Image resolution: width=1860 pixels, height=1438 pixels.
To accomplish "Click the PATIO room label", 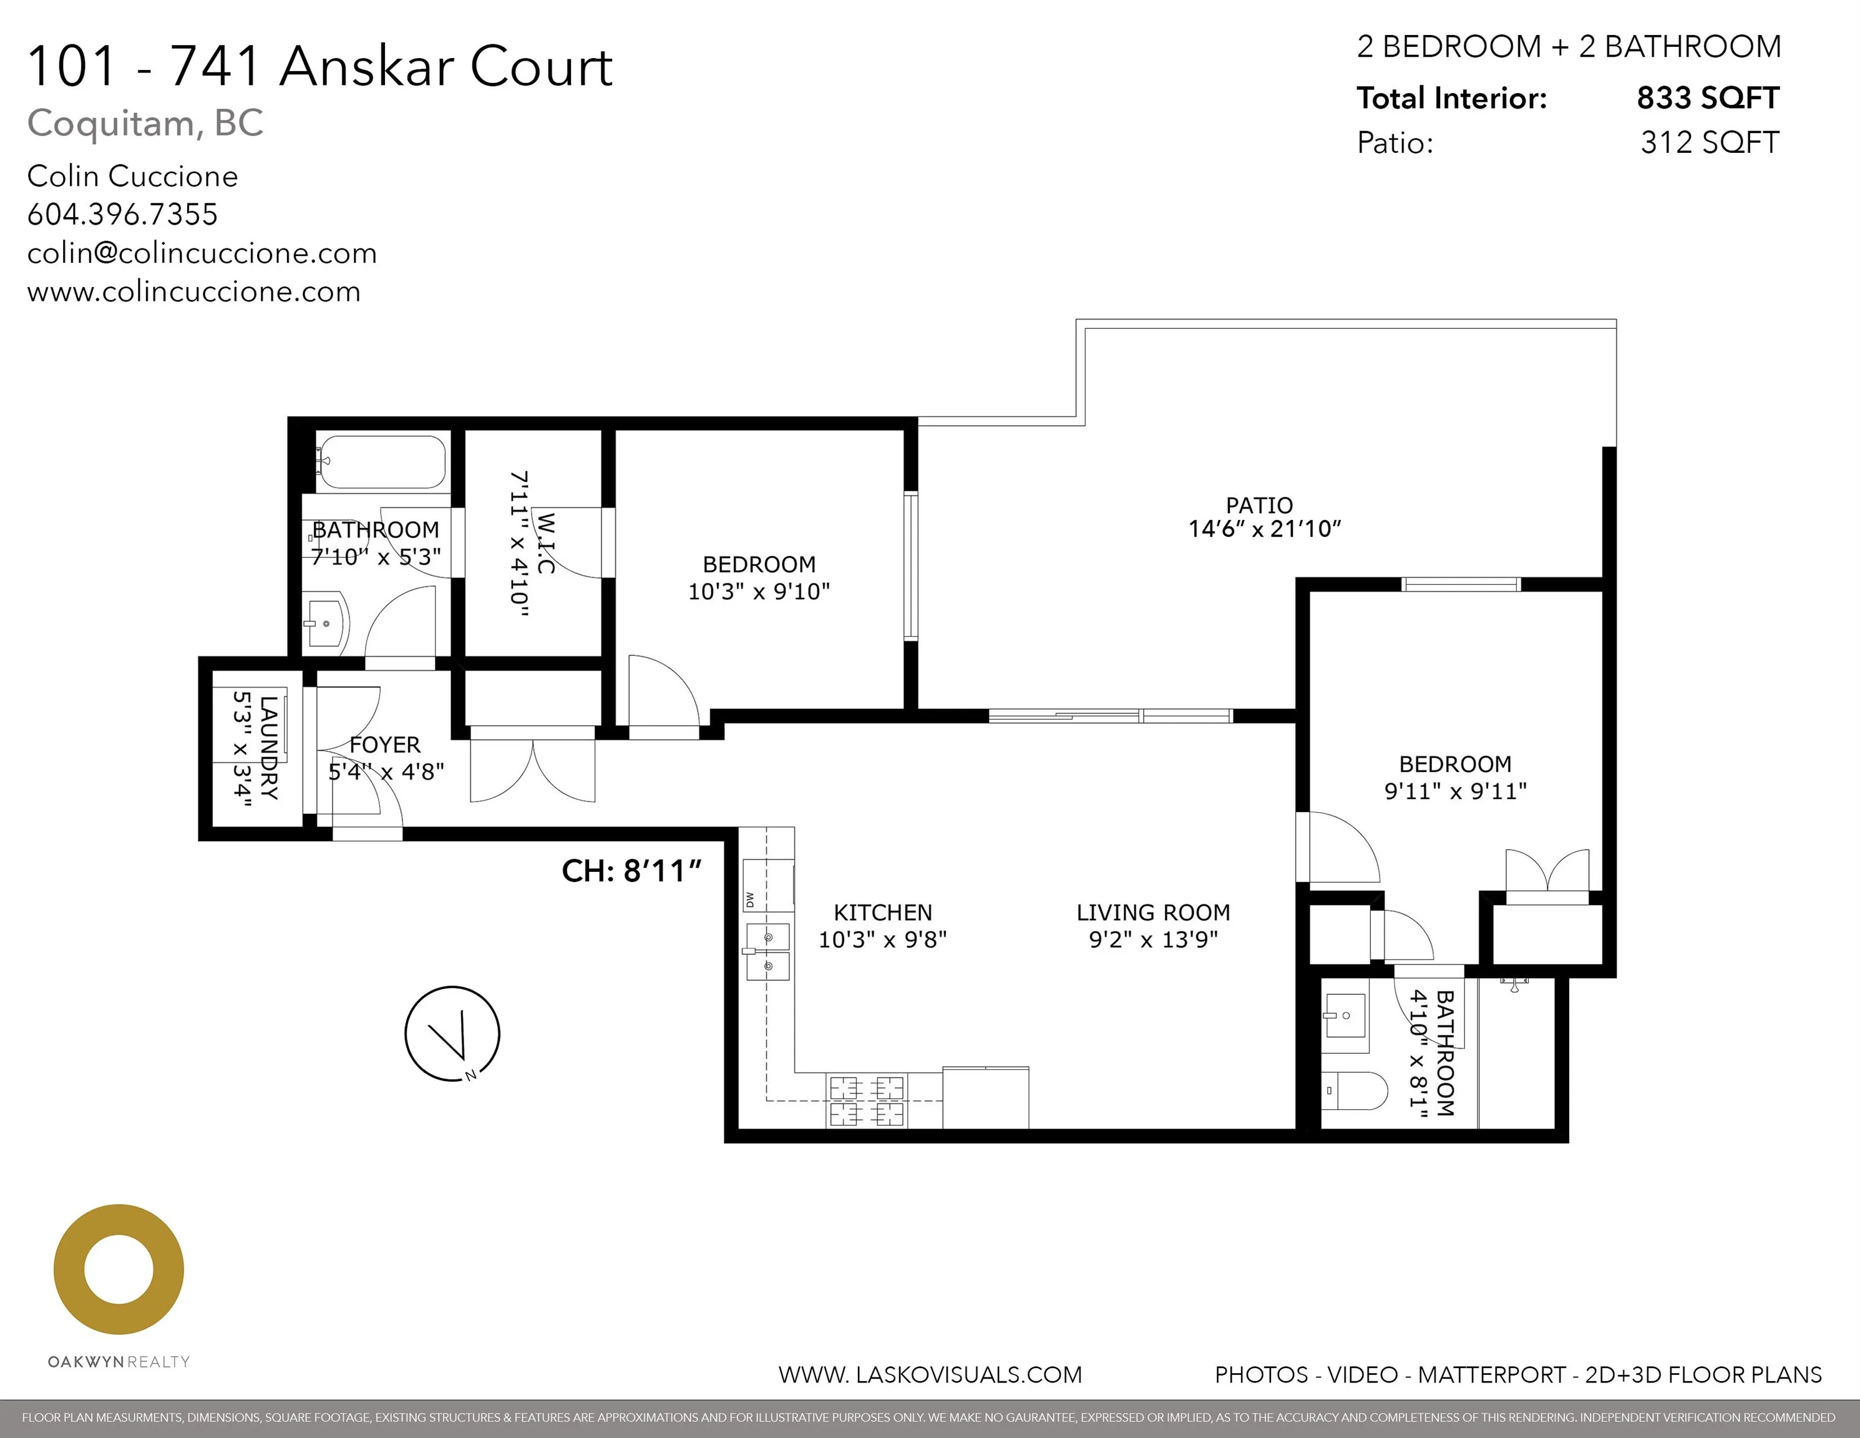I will pos(1259,505).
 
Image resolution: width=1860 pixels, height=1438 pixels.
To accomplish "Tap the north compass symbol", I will pos(452,1034).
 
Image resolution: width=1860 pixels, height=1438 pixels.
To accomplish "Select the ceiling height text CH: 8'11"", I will pos(631,871).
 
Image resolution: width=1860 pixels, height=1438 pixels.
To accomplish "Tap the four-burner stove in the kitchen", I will pos(866,1100).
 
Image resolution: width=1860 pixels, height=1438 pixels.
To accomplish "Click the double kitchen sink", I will pos(768,952).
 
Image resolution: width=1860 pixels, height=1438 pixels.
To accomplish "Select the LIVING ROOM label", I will pos(1152,912).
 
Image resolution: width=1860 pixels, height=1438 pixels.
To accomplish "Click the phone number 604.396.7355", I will pos(123,215).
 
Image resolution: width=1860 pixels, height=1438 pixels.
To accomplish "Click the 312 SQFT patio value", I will pos(1709,142).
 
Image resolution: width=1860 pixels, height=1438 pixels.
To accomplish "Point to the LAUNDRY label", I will pos(268,748).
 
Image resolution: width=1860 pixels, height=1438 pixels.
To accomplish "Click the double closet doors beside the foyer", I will pos(532,770).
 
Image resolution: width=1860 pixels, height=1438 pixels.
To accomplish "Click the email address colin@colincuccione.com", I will pos(202,253).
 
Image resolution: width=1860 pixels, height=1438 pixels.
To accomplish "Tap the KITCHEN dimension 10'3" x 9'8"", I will pos(882,940).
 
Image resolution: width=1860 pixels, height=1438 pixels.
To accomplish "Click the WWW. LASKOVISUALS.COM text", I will pos(930,1375).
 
